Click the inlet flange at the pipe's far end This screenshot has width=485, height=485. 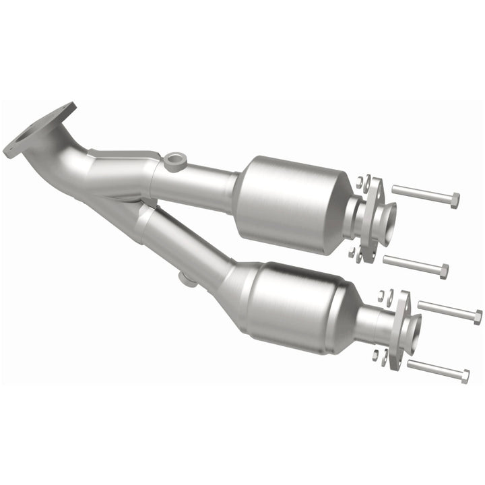coord(37,131)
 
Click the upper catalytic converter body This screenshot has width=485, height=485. coord(290,203)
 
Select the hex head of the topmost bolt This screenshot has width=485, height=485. coord(455,200)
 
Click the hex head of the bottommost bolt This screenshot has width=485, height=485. coord(464,377)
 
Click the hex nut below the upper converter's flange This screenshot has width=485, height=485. coord(352,253)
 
